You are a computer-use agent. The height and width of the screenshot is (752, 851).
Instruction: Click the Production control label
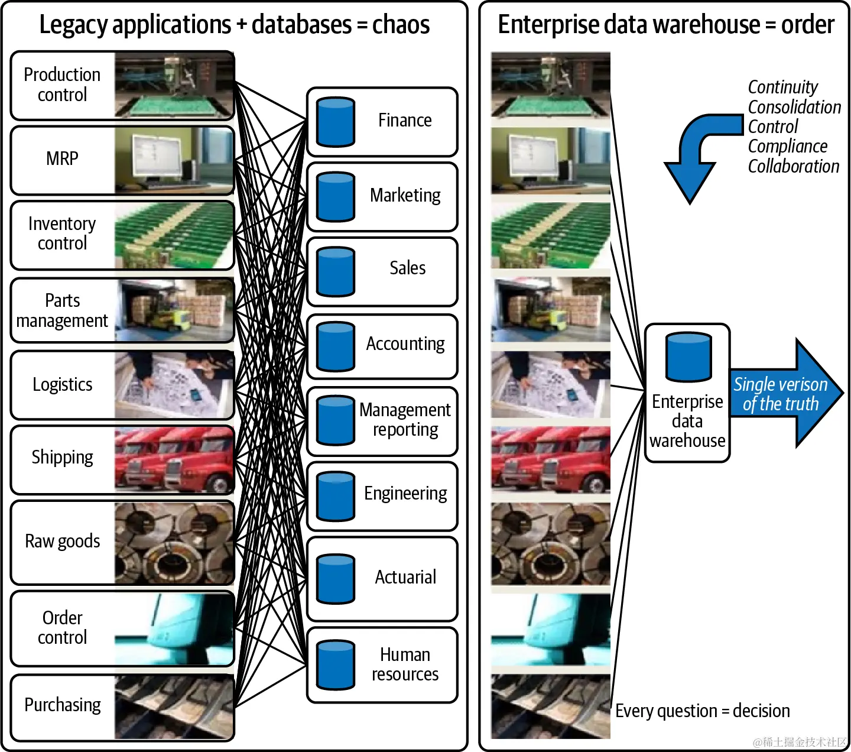click(x=62, y=85)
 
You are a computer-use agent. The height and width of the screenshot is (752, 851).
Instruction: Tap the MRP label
click(x=62, y=158)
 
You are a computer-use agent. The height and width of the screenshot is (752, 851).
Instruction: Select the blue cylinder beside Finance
click(x=336, y=122)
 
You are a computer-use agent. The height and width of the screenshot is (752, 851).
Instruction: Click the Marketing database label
click(x=405, y=196)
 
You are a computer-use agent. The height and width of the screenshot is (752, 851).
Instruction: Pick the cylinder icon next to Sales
click(x=336, y=271)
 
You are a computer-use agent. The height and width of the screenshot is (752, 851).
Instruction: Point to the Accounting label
click(x=405, y=344)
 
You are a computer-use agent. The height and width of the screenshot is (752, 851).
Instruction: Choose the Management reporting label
click(x=405, y=419)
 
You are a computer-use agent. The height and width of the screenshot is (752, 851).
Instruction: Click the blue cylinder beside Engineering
click(x=336, y=496)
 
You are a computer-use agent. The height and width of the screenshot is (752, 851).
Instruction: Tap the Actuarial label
click(x=405, y=577)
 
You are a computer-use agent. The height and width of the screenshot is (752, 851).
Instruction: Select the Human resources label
click(x=405, y=665)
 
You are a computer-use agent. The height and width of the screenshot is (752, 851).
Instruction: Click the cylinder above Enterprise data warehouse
click(x=688, y=356)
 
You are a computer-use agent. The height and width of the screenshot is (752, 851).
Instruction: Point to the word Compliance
click(x=787, y=146)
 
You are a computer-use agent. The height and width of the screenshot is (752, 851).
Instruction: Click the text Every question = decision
click(x=702, y=711)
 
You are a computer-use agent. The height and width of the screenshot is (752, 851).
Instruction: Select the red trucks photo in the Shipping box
click(x=174, y=459)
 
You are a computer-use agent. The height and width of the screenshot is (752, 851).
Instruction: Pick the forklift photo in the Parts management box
click(x=174, y=310)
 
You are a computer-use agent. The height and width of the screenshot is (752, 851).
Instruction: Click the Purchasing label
click(x=63, y=705)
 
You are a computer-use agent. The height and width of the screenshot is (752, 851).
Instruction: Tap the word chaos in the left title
click(x=401, y=25)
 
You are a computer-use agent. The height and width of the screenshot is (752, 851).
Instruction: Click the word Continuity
click(x=782, y=87)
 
